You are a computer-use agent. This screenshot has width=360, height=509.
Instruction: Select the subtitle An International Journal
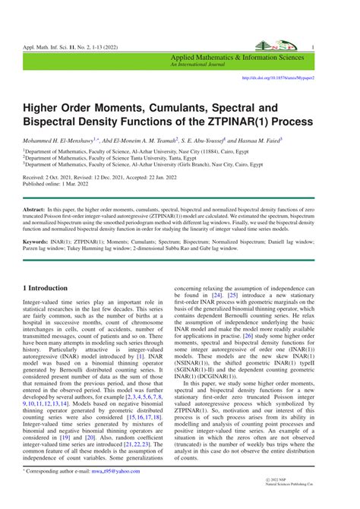coord(197,65)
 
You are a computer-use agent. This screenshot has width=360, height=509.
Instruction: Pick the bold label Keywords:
coord(36,242)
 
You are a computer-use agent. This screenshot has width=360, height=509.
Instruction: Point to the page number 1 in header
coord(312,47)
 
